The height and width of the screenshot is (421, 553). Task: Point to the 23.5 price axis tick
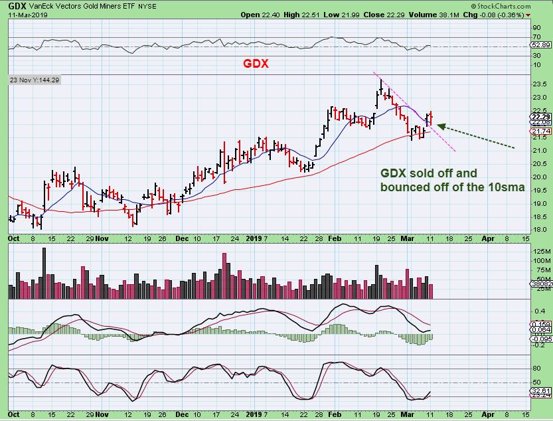(539, 84)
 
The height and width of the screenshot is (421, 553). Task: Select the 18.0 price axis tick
(539, 229)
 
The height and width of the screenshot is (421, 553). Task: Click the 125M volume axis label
(539, 251)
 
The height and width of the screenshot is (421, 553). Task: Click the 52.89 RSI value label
(539, 44)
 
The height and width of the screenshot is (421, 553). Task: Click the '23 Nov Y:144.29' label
(35, 80)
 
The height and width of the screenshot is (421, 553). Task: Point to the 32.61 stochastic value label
(539, 392)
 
